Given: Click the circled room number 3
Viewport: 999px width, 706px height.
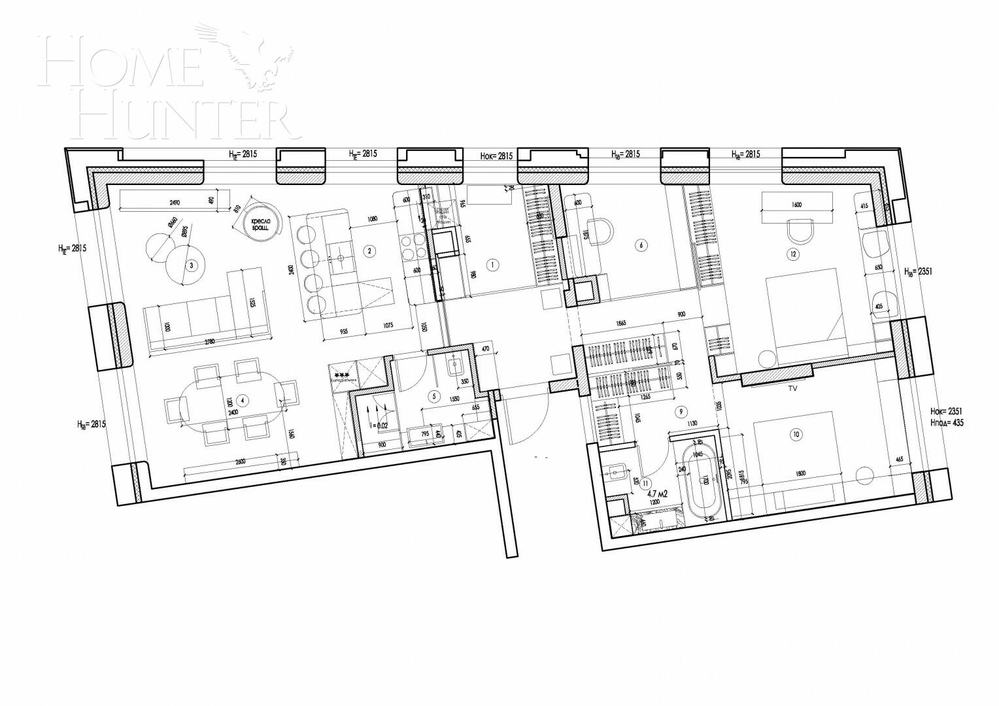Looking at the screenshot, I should click(191, 265).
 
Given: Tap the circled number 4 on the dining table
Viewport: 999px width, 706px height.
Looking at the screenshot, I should click(243, 399).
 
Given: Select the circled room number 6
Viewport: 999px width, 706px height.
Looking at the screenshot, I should click(641, 245).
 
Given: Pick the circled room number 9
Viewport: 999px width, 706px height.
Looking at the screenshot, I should click(681, 411).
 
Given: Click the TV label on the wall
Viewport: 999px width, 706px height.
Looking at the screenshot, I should click(792, 388).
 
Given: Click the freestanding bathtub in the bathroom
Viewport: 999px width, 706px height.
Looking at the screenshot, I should click(704, 480).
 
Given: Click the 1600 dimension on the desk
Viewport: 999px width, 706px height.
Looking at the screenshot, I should click(796, 205).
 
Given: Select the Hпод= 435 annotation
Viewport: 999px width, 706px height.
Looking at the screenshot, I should click(946, 423).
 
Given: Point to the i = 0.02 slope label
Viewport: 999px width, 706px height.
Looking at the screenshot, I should click(379, 425).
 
